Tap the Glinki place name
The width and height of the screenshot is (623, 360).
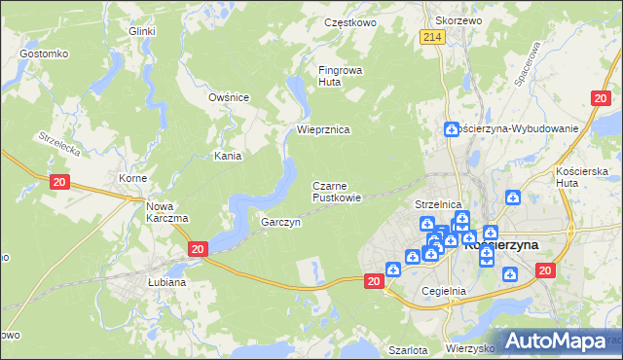click(x=143, y=31)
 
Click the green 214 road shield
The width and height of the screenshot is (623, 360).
click(x=433, y=37)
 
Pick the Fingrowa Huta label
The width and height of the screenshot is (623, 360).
click(x=340, y=76)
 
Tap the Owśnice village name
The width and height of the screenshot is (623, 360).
click(x=230, y=97)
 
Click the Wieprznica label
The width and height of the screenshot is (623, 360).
click(x=323, y=129)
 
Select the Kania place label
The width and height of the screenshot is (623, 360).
click(x=228, y=156)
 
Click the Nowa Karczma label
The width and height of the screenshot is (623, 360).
click(x=166, y=211)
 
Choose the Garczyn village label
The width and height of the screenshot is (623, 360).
click(x=280, y=223)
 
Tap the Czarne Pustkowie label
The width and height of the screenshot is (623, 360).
click(x=337, y=192)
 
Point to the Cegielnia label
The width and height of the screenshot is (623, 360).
click(x=445, y=291)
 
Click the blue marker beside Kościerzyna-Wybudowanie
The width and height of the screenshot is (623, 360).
click(x=451, y=128)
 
